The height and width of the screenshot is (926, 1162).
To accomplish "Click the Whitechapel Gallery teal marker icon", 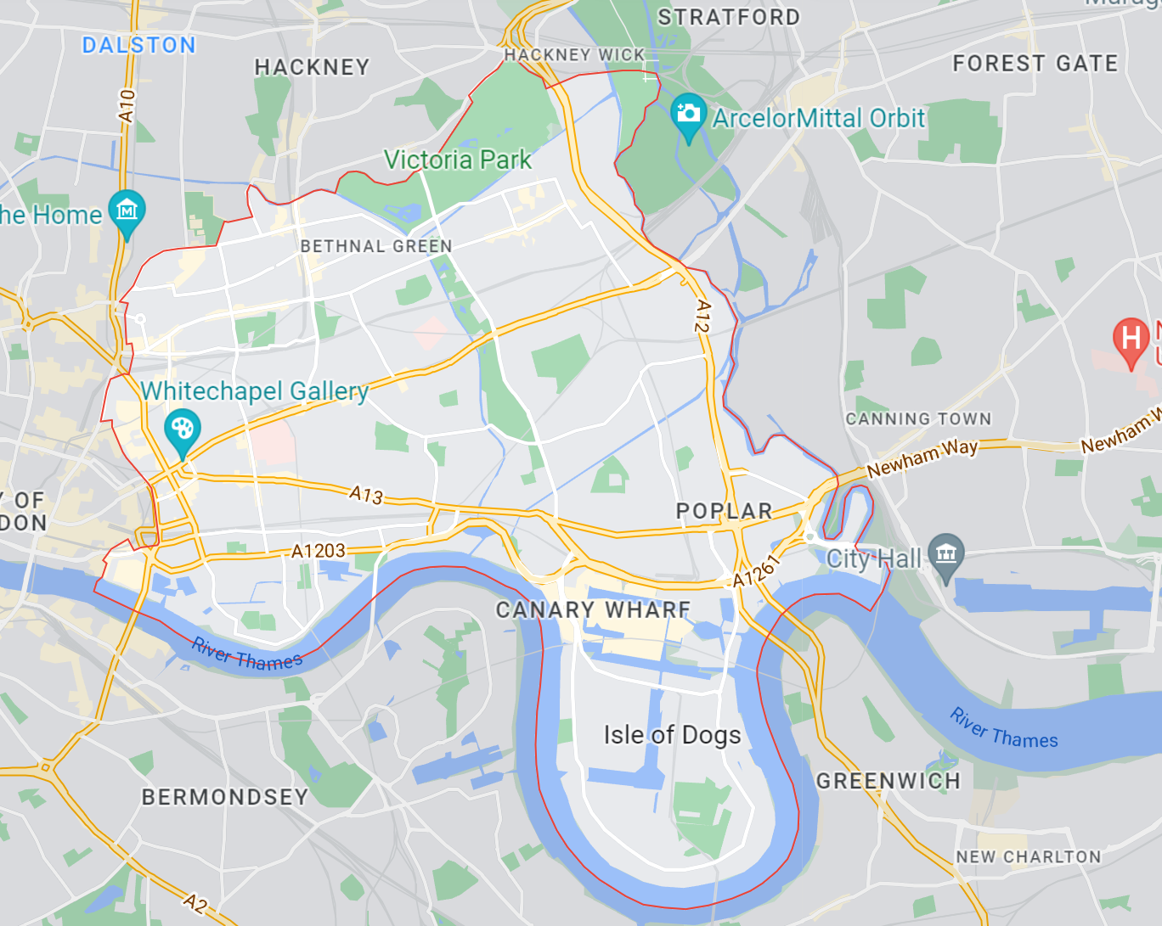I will (x=182, y=429).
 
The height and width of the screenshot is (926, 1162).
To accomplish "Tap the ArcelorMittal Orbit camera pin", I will (x=688, y=115).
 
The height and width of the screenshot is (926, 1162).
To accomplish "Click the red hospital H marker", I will (x=1131, y=339).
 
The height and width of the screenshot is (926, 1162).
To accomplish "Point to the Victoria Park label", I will (x=457, y=160).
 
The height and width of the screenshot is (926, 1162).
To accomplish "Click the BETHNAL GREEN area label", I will (x=375, y=246).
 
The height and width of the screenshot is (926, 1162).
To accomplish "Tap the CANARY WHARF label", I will (x=593, y=609).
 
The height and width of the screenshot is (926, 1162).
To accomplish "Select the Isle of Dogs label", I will (x=672, y=734).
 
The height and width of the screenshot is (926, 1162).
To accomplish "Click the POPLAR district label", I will (x=724, y=511).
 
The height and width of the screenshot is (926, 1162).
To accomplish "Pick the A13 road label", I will (x=366, y=494).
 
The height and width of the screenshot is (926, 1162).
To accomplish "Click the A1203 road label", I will (x=319, y=551).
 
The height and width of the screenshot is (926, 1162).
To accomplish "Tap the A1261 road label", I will (x=755, y=571).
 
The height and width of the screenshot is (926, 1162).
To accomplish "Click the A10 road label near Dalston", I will (x=127, y=106).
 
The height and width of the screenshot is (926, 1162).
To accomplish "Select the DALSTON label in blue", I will (x=138, y=45).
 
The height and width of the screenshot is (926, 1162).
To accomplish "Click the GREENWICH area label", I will (x=888, y=781).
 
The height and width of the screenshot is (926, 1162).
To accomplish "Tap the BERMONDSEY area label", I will (x=224, y=797).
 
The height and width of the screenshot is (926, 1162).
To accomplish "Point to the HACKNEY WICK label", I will (x=574, y=55).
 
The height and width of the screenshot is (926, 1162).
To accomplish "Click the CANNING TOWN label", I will (x=918, y=418).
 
